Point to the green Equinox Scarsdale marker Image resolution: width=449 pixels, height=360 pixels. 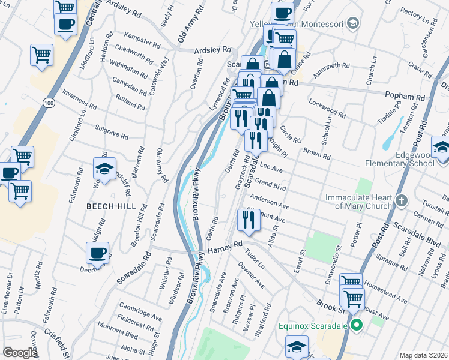[x=356, y=326]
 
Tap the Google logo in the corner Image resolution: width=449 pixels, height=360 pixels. [x=20, y=353]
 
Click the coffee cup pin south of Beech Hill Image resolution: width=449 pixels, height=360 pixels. [x=97, y=253]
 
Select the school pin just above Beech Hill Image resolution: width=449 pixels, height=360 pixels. [x=104, y=169]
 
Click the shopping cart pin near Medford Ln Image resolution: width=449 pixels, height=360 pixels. [x=41, y=55]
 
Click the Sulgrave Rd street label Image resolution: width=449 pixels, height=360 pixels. [x=112, y=131]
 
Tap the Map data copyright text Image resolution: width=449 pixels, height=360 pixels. [x=423, y=355]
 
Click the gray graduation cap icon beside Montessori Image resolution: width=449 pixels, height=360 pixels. [x=353, y=24]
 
